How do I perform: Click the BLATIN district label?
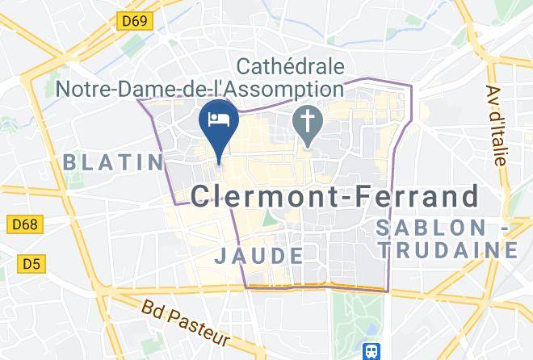114,162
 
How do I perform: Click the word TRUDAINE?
451,251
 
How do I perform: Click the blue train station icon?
371,352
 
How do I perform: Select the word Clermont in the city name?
259,196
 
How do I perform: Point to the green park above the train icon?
356,316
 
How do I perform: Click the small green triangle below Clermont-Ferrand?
267,218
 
